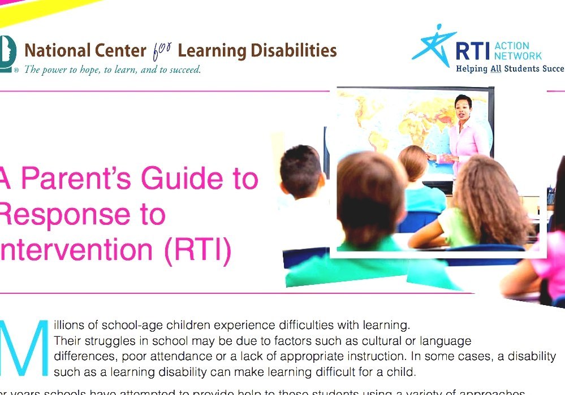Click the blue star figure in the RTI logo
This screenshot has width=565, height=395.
432,45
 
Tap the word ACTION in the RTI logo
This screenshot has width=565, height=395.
512,46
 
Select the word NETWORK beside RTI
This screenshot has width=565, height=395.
517,55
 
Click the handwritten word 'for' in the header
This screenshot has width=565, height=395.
162,51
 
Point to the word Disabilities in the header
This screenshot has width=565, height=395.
294,51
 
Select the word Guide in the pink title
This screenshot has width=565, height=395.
175,180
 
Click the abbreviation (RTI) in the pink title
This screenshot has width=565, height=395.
198,252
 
